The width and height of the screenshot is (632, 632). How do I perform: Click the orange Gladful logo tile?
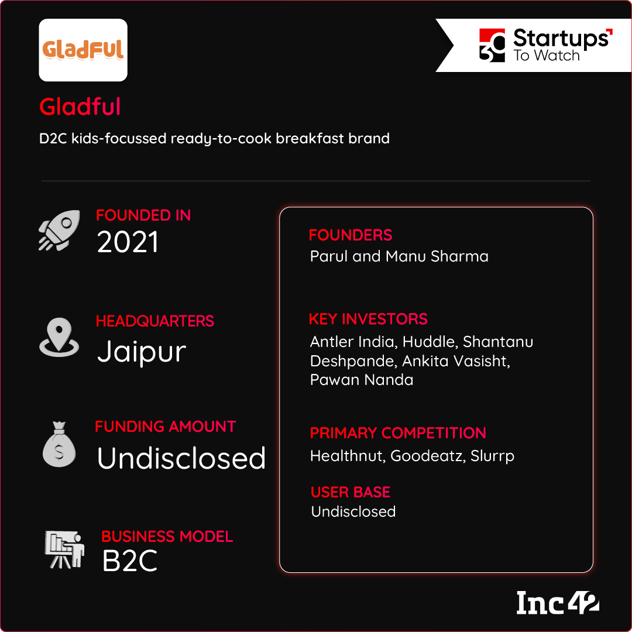[83, 50]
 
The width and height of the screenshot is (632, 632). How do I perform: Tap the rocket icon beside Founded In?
[59, 230]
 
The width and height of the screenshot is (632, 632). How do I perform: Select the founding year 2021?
[128, 242]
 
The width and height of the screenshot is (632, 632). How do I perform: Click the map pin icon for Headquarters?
[59, 337]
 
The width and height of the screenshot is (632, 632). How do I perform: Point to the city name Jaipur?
[142, 352]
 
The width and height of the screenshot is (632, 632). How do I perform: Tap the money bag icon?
[59, 444]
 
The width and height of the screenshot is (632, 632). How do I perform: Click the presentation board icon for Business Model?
[64, 549]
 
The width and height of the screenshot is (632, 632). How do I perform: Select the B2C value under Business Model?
[130, 561]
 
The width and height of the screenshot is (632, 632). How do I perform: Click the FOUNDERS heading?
[351, 235]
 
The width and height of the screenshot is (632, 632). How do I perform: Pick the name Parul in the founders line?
[329, 256]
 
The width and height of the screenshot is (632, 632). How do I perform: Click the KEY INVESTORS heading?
[368, 319]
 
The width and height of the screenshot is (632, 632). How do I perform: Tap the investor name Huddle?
[430, 342]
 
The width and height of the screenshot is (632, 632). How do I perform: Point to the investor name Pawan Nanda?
[362, 380]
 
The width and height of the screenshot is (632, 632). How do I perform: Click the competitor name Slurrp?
[492, 456]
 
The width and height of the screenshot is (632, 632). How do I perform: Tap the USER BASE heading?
[351, 492]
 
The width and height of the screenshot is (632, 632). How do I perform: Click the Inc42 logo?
[558, 603]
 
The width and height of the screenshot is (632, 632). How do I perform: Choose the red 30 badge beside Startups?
[492, 45]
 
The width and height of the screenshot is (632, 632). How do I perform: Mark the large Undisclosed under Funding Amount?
[181, 458]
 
